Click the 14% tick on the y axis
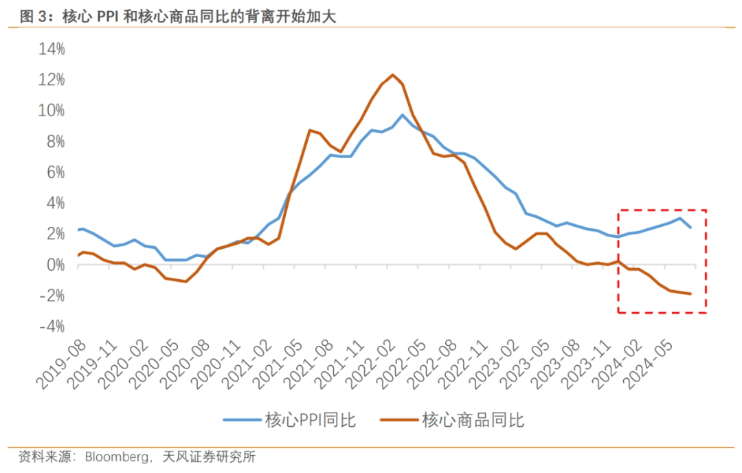[x=52, y=49]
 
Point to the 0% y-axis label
[x=55, y=265]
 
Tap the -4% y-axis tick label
[x=52, y=326]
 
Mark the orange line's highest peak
[x=392, y=74]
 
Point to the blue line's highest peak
[x=403, y=115]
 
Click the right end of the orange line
[x=690, y=294]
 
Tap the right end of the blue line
[x=690, y=228]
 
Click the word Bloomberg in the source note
[x=117, y=456]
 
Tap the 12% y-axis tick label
[x=52, y=80]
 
